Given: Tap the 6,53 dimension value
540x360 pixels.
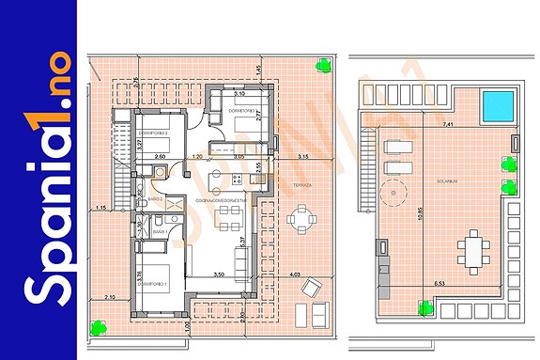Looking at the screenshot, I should pyautogui.click(x=440, y=282).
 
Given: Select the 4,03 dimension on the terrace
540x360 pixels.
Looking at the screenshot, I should pyautogui.click(x=294, y=274).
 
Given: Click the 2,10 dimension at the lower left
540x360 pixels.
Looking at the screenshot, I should pyautogui.click(x=109, y=297).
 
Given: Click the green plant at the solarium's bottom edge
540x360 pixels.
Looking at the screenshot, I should pyautogui.click(x=425, y=305).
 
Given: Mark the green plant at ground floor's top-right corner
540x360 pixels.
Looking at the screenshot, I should pyautogui.click(x=323, y=66).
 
